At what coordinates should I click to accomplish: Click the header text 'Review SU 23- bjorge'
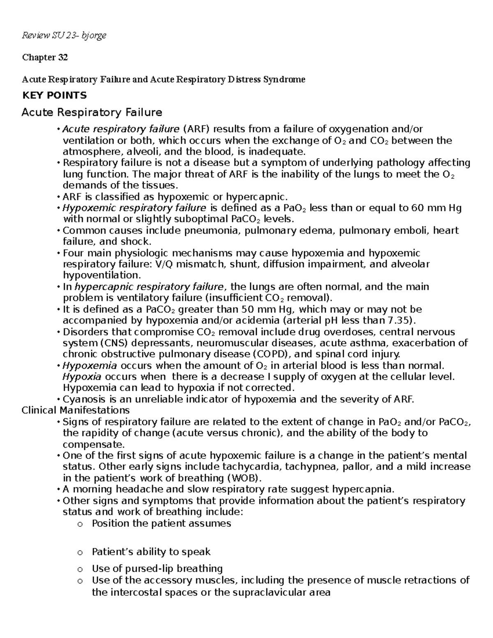click(x=64, y=35)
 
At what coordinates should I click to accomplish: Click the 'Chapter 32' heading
click(x=45, y=58)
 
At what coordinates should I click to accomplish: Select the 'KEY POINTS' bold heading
click(x=54, y=95)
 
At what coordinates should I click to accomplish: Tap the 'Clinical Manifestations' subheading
click(x=75, y=410)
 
